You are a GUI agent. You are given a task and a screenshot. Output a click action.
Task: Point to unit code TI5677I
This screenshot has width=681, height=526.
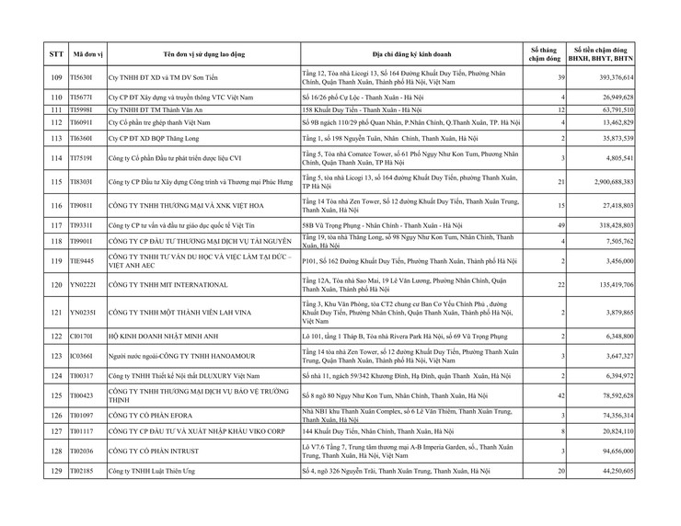pyautogui.click(x=83, y=97)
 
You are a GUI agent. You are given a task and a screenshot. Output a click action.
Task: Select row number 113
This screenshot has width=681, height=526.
pyautogui.click(x=56, y=137)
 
